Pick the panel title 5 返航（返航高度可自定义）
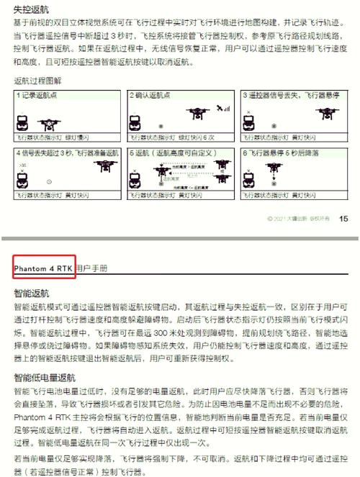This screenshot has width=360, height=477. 174,153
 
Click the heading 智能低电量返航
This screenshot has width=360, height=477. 44,377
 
